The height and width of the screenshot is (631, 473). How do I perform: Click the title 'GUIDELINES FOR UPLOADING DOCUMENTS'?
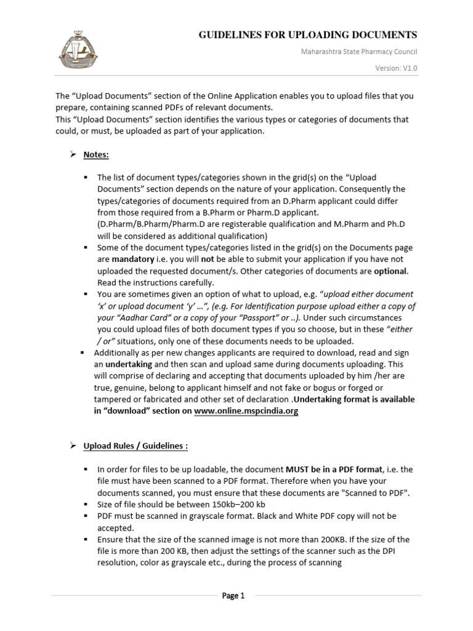point(307,35)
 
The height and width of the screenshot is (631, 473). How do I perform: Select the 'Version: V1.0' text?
point(397,69)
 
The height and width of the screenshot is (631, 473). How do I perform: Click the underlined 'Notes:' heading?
point(96,154)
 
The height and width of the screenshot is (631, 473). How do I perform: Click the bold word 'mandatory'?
point(132,259)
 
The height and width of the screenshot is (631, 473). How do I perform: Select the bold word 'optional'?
point(391,271)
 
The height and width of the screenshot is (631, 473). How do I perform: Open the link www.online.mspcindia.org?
point(246,411)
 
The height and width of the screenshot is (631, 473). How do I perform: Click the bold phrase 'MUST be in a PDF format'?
point(329,470)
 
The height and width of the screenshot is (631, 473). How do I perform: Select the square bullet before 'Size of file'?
point(86,504)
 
